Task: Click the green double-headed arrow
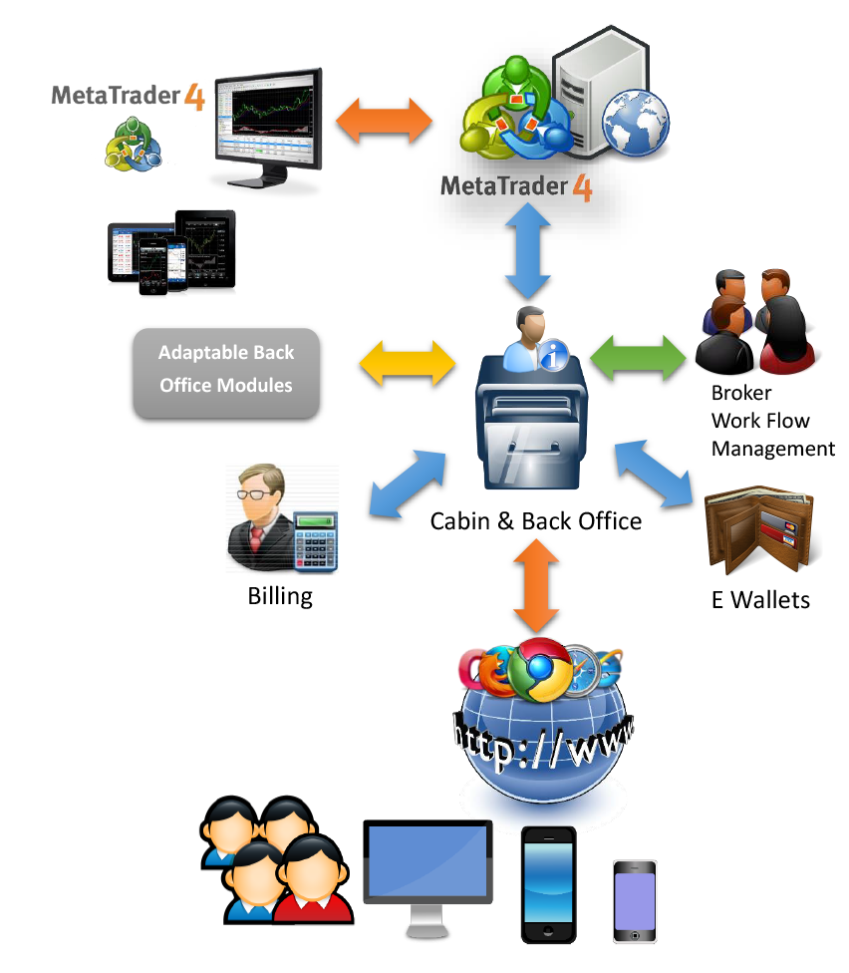638,356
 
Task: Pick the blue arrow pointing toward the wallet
654,476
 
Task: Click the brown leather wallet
758,529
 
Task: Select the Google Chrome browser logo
540,668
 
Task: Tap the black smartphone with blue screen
549,881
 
